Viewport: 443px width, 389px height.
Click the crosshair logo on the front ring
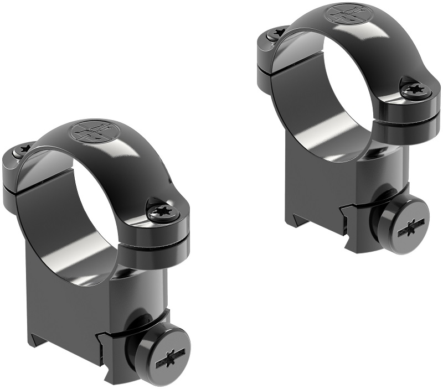pyautogui.click(x=90, y=131)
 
